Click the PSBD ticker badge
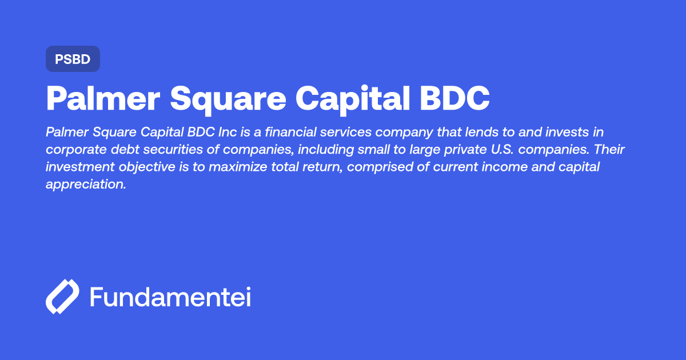(x=73, y=59)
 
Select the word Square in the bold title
(x=228, y=99)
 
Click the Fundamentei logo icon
(x=62, y=297)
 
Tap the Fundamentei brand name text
(x=170, y=297)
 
